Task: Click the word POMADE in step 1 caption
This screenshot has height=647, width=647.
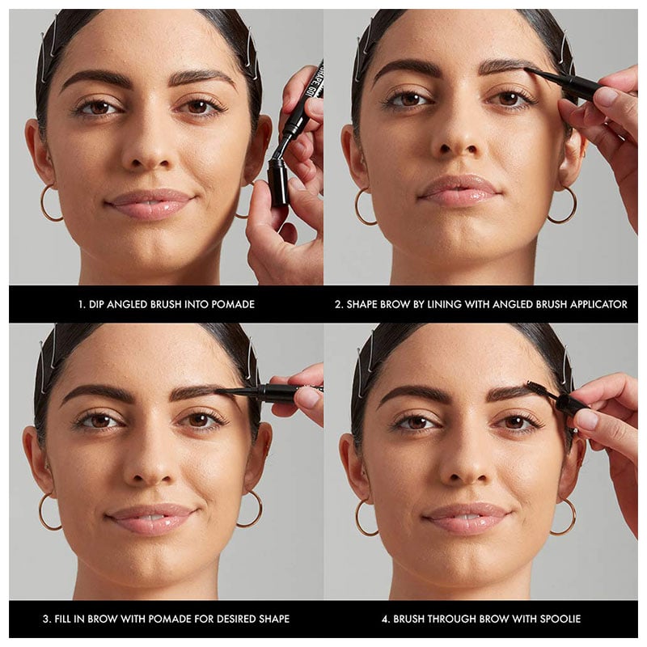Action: point(233,305)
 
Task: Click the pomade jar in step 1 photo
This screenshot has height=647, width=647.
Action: point(278,183)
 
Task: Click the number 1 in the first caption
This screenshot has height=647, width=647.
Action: point(81,305)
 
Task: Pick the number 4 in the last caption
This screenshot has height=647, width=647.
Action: point(385,619)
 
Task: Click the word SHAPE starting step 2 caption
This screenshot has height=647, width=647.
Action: point(362,305)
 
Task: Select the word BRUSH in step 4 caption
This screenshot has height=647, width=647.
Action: point(408,619)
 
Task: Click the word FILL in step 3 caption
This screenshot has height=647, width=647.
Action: point(64,619)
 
